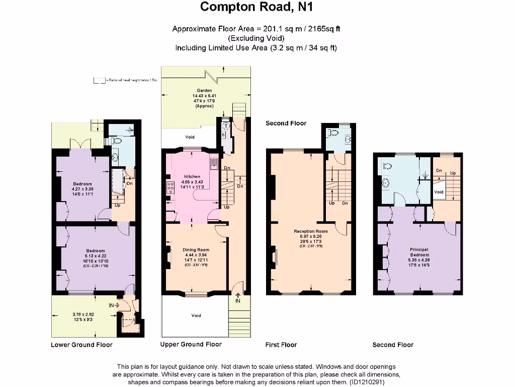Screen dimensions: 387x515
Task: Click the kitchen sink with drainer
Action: pyautogui.click(x=214, y=162)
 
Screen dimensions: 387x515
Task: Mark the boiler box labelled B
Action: pyautogui.click(x=223, y=135)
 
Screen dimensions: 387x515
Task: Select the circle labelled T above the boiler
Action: pyautogui.click(x=226, y=126)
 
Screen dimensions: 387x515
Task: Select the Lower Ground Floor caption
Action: pyautogui.click(x=81, y=345)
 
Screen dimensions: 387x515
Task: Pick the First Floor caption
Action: pyautogui.click(x=281, y=345)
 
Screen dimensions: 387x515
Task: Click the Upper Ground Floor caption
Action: pyautogui.click(x=191, y=344)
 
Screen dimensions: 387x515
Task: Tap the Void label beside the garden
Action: pyautogui.click(x=190, y=137)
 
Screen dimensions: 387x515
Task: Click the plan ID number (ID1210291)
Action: pyautogui.click(x=366, y=382)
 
